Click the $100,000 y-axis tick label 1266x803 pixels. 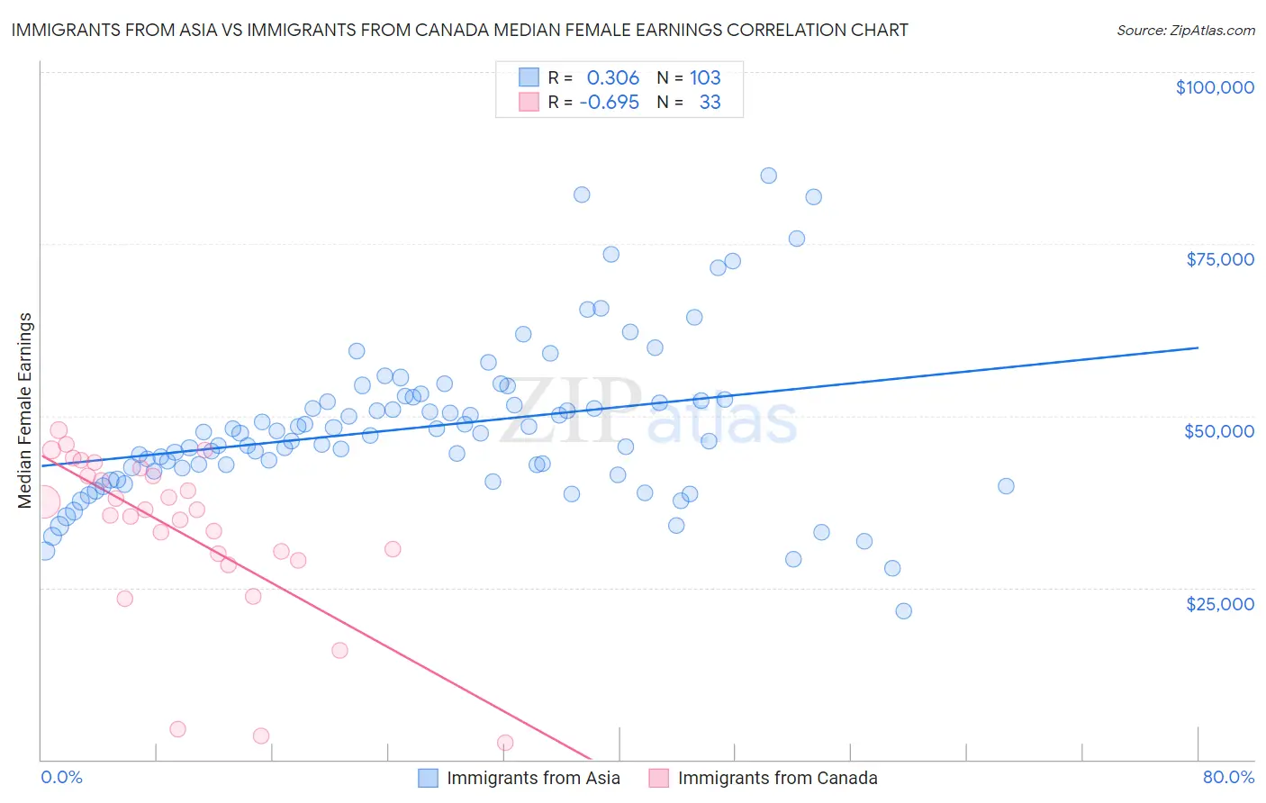tap(1215, 87)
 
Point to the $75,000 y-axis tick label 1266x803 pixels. tap(1220, 259)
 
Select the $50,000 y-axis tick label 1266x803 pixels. tap(1219, 431)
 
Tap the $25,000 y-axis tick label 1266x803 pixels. tap(1220, 603)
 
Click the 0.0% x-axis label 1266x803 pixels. tap(61, 777)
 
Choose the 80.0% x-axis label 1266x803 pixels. tap(1228, 777)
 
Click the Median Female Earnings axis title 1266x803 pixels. tap(25, 411)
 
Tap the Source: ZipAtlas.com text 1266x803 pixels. tap(1185, 30)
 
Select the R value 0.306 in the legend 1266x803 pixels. tap(612, 77)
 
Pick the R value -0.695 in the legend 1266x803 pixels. tap(609, 102)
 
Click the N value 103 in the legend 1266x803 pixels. tap(705, 77)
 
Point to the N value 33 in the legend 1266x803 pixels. tap(710, 102)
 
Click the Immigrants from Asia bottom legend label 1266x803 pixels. tap(533, 778)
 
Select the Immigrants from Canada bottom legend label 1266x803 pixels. tap(777, 778)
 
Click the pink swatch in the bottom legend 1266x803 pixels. tap(659, 778)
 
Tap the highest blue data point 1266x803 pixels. tap(768, 176)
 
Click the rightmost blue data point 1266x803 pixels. tap(1006, 486)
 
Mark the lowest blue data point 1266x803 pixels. tap(903, 610)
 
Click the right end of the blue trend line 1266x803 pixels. tap(1198, 347)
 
